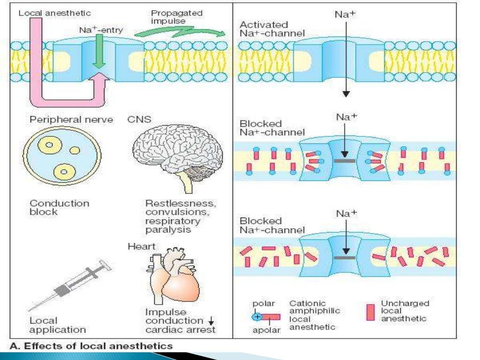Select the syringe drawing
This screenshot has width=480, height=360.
pos(70,286)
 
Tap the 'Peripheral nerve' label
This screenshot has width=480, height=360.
pos(71,120)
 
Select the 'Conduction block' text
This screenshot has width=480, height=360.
pos(59,208)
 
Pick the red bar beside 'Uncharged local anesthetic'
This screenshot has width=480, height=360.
pos(370,312)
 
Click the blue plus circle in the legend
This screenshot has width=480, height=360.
pos(256,316)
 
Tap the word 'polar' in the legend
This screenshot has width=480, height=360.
pos(263,304)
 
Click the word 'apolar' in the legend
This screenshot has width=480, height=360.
pos(266,330)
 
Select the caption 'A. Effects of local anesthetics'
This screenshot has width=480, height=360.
pos(91,346)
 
